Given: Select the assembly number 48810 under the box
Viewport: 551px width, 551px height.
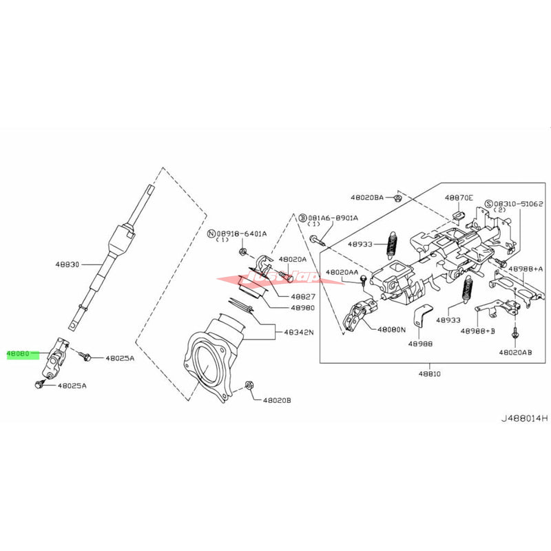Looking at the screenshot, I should [428, 373].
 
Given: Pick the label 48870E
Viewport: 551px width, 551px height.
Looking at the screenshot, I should [459, 198].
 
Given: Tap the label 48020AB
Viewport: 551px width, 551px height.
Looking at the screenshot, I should [517, 352].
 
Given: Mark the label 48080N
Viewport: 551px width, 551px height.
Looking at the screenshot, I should [392, 330].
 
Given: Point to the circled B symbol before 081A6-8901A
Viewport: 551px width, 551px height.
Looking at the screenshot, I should [302, 218].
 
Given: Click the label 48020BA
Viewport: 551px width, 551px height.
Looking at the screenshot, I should [368, 198].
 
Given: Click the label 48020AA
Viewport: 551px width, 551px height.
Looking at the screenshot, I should [342, 273].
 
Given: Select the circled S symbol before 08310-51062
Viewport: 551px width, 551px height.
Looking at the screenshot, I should [488, 204].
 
